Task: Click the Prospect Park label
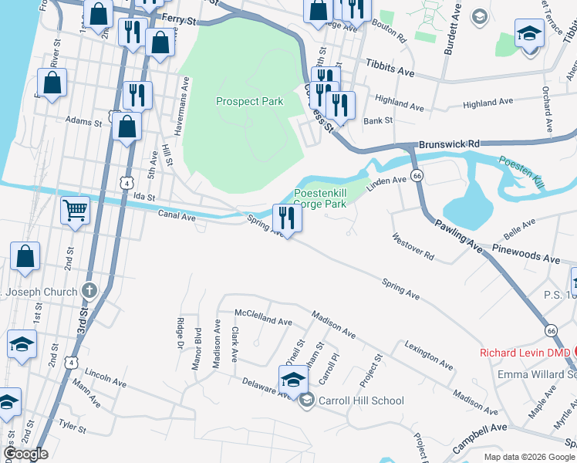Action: (x=249, y=101)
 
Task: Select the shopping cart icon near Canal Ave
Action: (x=76, y=208)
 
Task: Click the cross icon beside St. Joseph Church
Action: (x=89, y=292)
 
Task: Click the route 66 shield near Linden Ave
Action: (x=416, y=176)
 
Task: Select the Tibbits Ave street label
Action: (x=390, y=67)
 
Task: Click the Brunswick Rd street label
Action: (x=449, y=144)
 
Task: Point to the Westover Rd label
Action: (x=413, y=247)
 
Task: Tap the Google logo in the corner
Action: (x=25, y=454)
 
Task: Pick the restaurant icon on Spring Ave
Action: (x=287, y=218)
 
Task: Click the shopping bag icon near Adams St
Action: (x=127, y=127)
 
